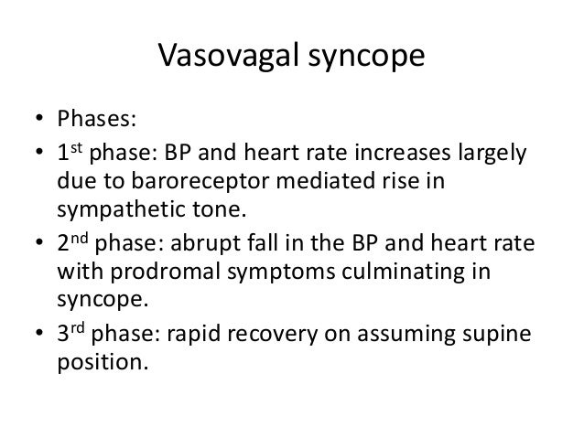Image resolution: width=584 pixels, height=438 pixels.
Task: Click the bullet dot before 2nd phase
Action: (x=38, y=245)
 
